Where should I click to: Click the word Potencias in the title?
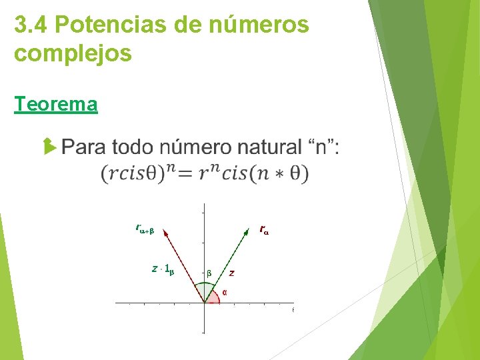click(106, 25)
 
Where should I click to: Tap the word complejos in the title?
click(73, 53)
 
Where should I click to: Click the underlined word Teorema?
click(56, 105)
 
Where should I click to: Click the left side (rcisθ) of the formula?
click(133, 174)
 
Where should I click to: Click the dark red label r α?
click(264, 231)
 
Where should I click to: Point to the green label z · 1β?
click(163, 269)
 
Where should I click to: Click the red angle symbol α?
click(224, 291)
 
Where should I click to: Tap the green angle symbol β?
click(209, 273)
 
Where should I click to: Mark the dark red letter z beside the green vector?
click(231, 272)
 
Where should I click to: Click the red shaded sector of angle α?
click(213, 298)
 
